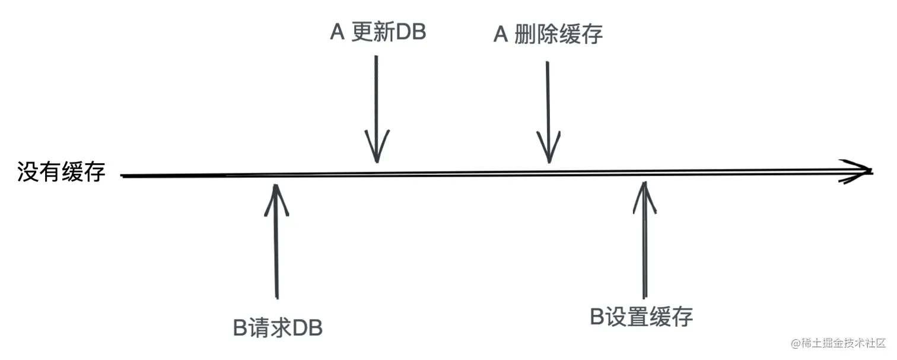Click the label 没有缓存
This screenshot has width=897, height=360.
tap(62, 173)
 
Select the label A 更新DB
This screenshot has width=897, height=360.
tap(378, 33)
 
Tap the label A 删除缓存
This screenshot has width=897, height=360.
tap(548, 35)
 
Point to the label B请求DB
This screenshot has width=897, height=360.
tap(278, 328)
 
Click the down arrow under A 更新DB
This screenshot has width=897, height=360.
tap(376, 107)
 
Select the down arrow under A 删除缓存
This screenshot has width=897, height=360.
tap(548, 110)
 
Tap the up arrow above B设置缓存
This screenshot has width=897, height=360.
tap(644, 237)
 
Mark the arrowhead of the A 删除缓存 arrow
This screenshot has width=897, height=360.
tap(549, 148)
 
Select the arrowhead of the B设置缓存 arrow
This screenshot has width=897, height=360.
tap(644, 196)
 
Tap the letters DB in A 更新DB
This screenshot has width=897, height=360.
tap(411, 33)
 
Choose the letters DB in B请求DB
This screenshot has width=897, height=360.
tap(308, 328)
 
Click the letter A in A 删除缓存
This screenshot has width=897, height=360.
tap(501, 35)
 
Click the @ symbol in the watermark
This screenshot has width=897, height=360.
tap(795, 343)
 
